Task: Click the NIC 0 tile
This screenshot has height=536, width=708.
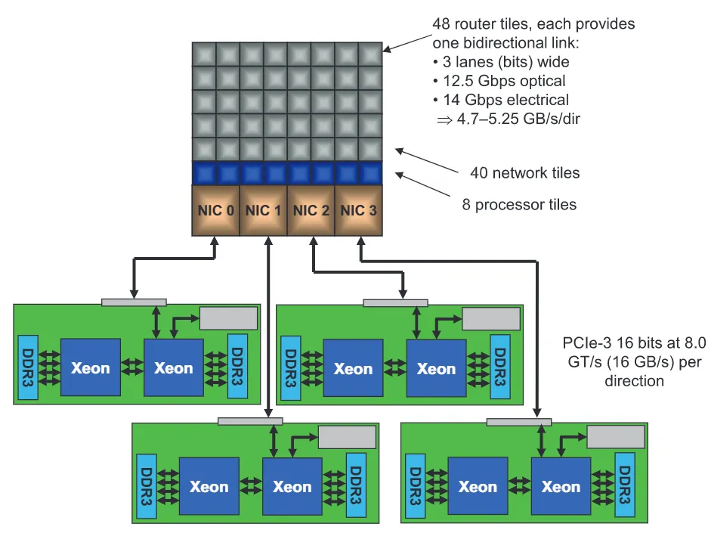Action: [216, 211]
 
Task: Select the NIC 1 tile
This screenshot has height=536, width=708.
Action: [263, 211]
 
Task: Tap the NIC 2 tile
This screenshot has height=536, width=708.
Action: [311, 211]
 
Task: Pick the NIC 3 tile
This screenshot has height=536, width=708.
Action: [358, 211]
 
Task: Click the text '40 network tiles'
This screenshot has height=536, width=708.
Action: [524, 172]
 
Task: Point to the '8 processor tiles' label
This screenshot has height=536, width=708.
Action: [519, 205]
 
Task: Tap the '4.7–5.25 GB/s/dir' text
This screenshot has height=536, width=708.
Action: [518, 119]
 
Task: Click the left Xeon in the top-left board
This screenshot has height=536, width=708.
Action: [91, 367]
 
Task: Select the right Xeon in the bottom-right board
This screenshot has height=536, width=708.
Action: [561, 486]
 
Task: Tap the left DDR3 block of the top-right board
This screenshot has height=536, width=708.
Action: [290, 368]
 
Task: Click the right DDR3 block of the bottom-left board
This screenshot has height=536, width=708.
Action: [356, 486]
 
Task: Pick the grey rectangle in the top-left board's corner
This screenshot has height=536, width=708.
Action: [228, 318]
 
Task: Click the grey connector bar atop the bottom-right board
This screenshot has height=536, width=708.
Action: [519, 422]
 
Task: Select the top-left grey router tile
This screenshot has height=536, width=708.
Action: [204, 54]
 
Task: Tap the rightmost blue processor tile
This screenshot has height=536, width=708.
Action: [371, 173]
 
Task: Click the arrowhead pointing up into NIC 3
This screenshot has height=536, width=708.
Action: [360, 242]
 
